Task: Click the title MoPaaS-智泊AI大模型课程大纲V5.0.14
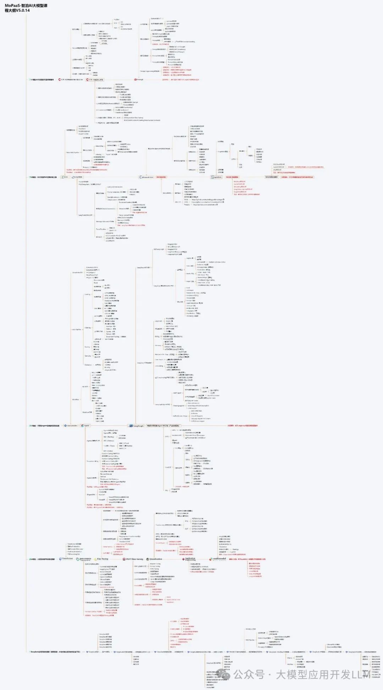pos(27,8)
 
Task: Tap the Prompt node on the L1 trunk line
pos(139,80)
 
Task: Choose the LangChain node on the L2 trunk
pos(77,177)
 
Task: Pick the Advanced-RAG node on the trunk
pos(146,177)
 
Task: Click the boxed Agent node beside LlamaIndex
pos(86,425)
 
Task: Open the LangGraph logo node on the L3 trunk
pos(137,425)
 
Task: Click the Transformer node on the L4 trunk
pos(67,559)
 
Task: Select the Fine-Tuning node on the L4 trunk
pos(102,559)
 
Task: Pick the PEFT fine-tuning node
pos(134,559)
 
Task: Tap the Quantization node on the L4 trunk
pos(155,559)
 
